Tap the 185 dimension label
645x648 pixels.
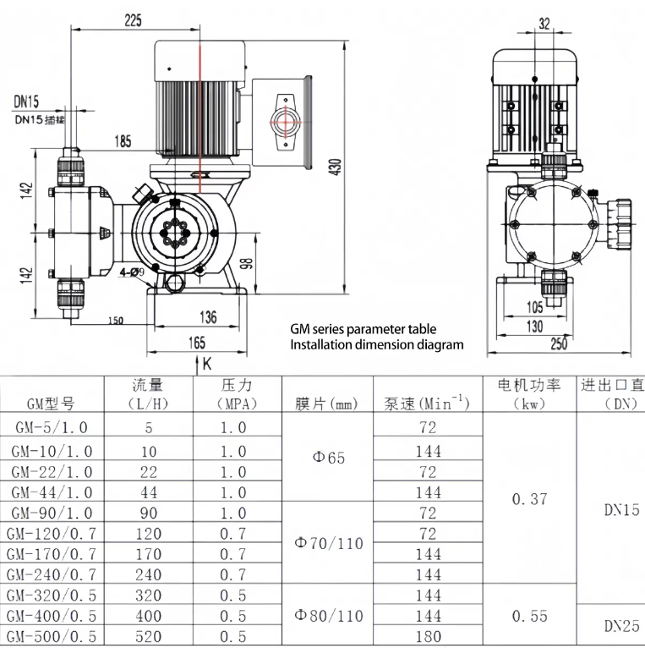tap(123, 140)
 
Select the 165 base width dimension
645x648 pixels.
tap(196, 342)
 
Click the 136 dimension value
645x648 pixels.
tap(208, 318)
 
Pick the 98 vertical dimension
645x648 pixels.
tap(247, 262)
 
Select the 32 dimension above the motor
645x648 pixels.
tap(544, 23)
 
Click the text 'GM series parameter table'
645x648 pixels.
tap(363, 329)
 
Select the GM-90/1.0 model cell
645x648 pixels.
tap(52, 513)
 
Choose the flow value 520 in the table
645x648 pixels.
tap(150, 637)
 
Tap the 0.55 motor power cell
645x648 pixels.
tap(530, 616)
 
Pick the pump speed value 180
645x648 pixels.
tap(428, 637)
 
